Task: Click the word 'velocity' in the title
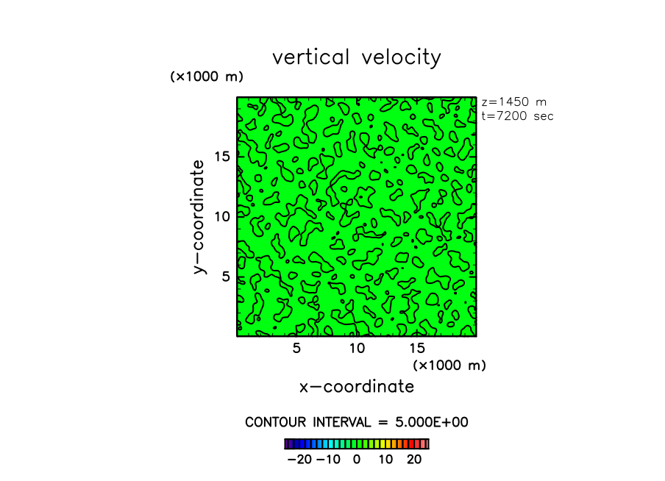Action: [401, 58]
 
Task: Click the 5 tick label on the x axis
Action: [296, 348]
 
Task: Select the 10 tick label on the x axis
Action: [357, 348]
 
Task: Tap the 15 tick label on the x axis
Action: [417, 348]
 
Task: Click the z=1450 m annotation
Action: [513, 102]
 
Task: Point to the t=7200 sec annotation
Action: [516, 115]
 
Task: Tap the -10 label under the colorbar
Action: [328, 459]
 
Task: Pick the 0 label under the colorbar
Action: [357, 459]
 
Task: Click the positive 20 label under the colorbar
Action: [414, 459]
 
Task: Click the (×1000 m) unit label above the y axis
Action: [207, 76]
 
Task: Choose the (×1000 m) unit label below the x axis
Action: [449, 365]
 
